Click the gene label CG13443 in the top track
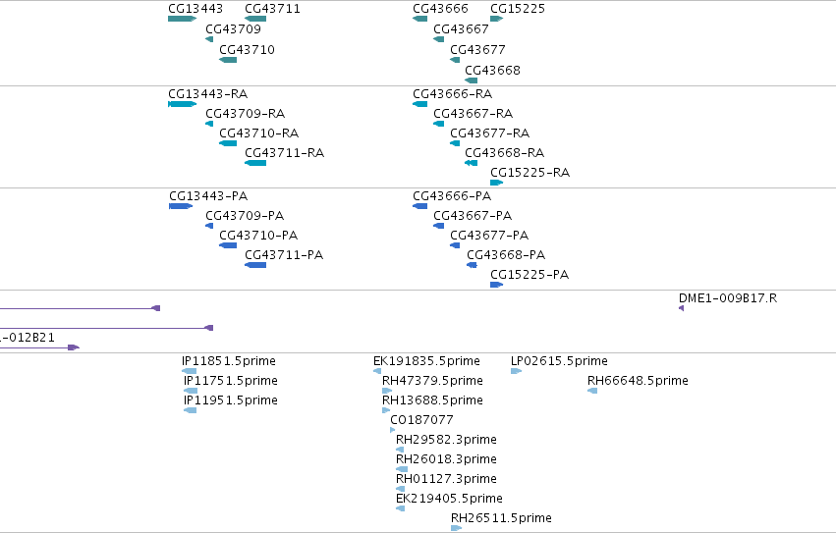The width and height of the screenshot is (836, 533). point(195,9)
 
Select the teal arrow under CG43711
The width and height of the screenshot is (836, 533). point(255,19)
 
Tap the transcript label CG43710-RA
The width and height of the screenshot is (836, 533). point(258,133)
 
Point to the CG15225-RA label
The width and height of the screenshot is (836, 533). point(529,173)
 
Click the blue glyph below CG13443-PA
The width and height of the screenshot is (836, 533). point(181,206)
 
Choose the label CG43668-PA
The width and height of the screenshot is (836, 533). point(506,255)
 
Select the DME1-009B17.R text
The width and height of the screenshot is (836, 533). point(728,298)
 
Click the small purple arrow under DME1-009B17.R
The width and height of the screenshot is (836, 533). point(681,308)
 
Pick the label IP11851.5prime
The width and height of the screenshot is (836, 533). point(229,361)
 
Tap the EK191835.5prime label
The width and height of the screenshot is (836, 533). point(426,361)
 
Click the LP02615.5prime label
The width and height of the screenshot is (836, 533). point(559,361)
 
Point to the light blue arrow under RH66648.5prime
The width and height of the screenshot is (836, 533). point(592,391)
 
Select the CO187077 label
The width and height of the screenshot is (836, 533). point(421,420)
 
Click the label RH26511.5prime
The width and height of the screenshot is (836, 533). point(501,518)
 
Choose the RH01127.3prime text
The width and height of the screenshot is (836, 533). point(446,479)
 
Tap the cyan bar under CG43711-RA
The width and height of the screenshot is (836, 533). point(255,163)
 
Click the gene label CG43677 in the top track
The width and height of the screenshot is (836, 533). point(477,49)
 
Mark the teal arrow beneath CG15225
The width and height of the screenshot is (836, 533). point(497,19)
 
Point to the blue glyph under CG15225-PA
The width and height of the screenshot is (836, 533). point(497,285)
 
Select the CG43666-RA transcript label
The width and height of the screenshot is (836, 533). point(452,94)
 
